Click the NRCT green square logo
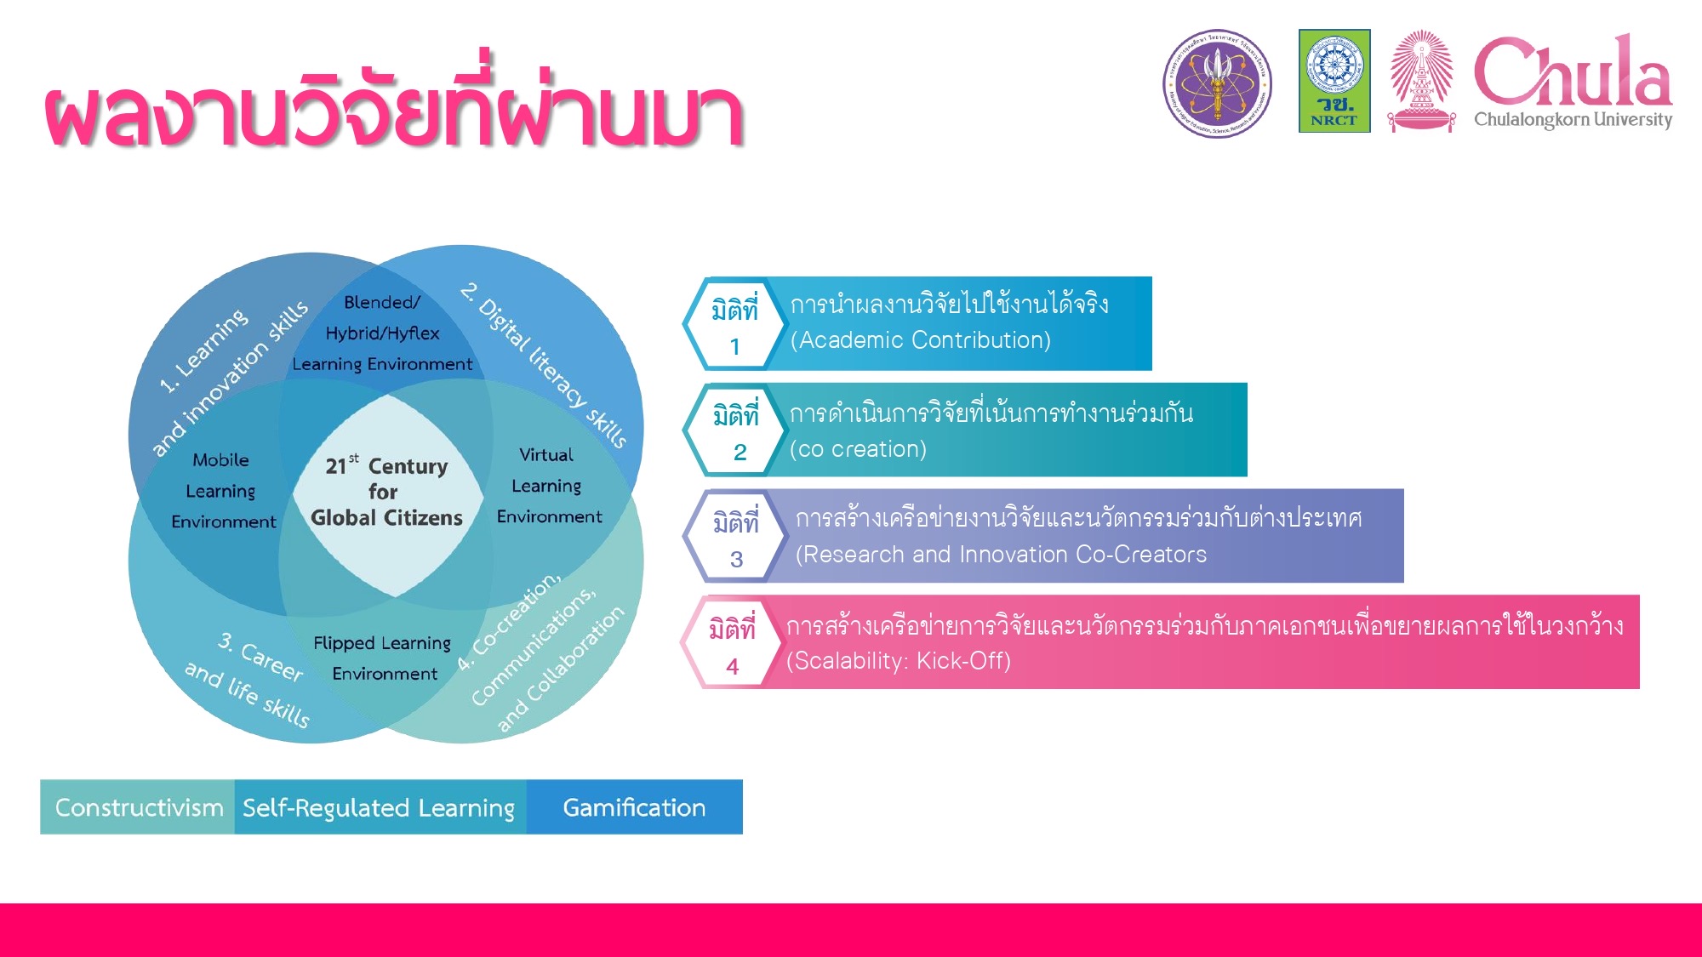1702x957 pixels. pyautogui.click(x=1334, y=81)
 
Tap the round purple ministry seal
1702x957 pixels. pyautogui.click(x=1218, y=83)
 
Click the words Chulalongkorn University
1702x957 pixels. pyautogui.click(x=1573, y=119)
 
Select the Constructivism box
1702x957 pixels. pyautogui.click(x=138, y=806)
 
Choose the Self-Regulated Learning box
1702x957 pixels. pyautogui.click(x=380, y=806)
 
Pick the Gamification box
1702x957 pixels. pyautogui.click(x=634, y=806)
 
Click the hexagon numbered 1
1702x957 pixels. pyautogui.click(x=734, y=323)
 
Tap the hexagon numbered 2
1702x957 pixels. pyautogui.click(x=734, y=430)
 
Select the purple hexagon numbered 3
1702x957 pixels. pyautogui.click(x=734, y=536)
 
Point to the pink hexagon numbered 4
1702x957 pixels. pyautogui.click(x=732, y=642)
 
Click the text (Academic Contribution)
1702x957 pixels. pyautogui.click(x=921, y=340)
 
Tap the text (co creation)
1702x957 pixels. pyautogui.click(x=858, y=449)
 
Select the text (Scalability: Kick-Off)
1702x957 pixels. pyautogui.click(x=899, y=661)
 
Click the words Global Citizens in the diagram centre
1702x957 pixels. pyautogui.click(x=386, y=517)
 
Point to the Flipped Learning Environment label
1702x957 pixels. pyautogui.click(x=383, y=658)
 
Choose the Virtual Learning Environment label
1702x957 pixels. pyautogui.click(x=549, y=485)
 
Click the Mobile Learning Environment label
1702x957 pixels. pyautogui.click(x=223, y=491)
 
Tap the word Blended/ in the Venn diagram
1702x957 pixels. pyautogui.click(x=382, y=303)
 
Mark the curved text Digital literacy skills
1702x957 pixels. pyautogui.click(x=545, y=365)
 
